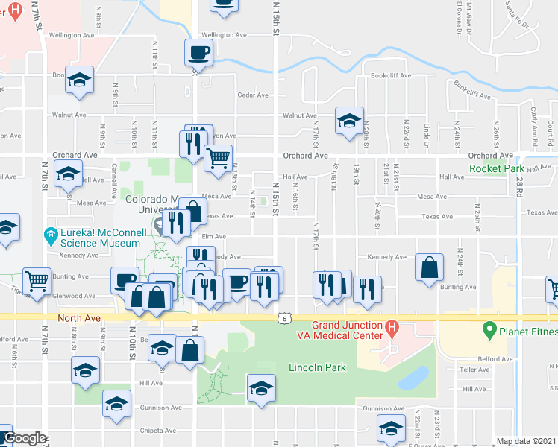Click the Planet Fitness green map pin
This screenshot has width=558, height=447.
pos(489,328)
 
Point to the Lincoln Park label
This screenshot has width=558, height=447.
pos(317,367)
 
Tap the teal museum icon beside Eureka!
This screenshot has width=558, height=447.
pos(51,237)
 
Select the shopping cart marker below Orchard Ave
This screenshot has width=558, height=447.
pos(218,157)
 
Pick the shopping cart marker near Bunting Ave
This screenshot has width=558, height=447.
pos(37,280)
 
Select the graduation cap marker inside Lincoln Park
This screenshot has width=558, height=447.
pos(261,387)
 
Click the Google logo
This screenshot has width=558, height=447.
pos(25,438)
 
